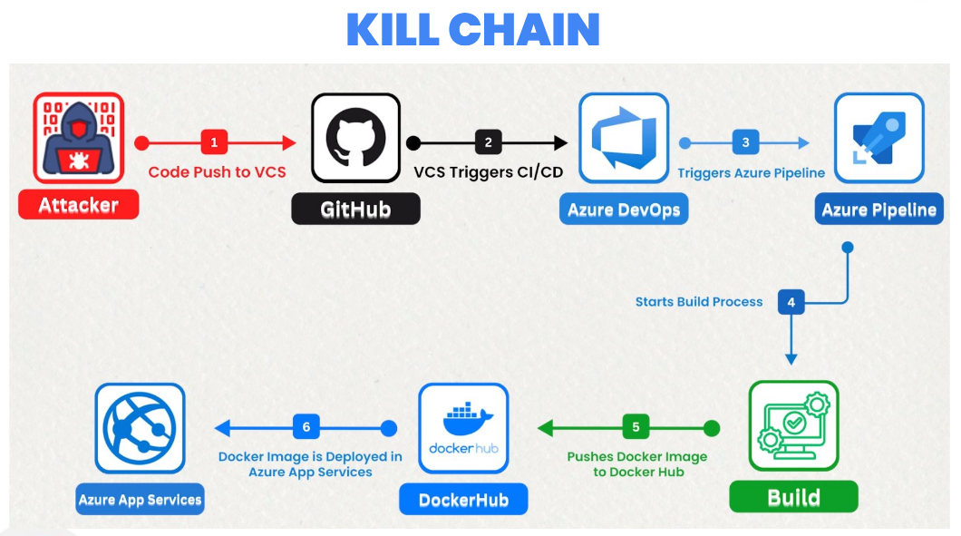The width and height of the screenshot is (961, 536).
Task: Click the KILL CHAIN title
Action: click(x=472, y=29)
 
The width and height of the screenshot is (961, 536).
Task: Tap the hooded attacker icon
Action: click(x=79, y=138)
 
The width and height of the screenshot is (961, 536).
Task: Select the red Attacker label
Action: click(x=79, y=205)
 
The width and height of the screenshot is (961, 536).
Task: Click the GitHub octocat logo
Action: click(x=355, y=138)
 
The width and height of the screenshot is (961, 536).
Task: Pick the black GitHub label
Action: click(x=355, y=210)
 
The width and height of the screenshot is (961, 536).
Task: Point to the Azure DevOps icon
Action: click(x=624, y=138)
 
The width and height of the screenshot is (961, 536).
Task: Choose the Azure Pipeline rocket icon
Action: click(x=878, y=138)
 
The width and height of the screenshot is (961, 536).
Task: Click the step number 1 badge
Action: click(x=214, y=142)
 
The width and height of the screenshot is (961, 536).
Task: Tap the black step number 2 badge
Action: click(x=488, y=142)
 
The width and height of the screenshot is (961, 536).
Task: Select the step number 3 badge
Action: click(x=745, y=142)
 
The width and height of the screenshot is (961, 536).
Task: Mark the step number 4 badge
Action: click(x=791, y=302)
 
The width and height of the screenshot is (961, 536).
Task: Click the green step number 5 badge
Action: click(x=636, y=427)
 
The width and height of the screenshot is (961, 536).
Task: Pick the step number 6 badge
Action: click(x=306, y=427)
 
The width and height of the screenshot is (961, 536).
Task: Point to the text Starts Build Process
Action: click(x=699, y=302)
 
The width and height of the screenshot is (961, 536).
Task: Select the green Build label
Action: click(x=793, y=498)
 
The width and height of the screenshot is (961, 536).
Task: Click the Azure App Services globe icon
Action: click(x=140, y=427)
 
